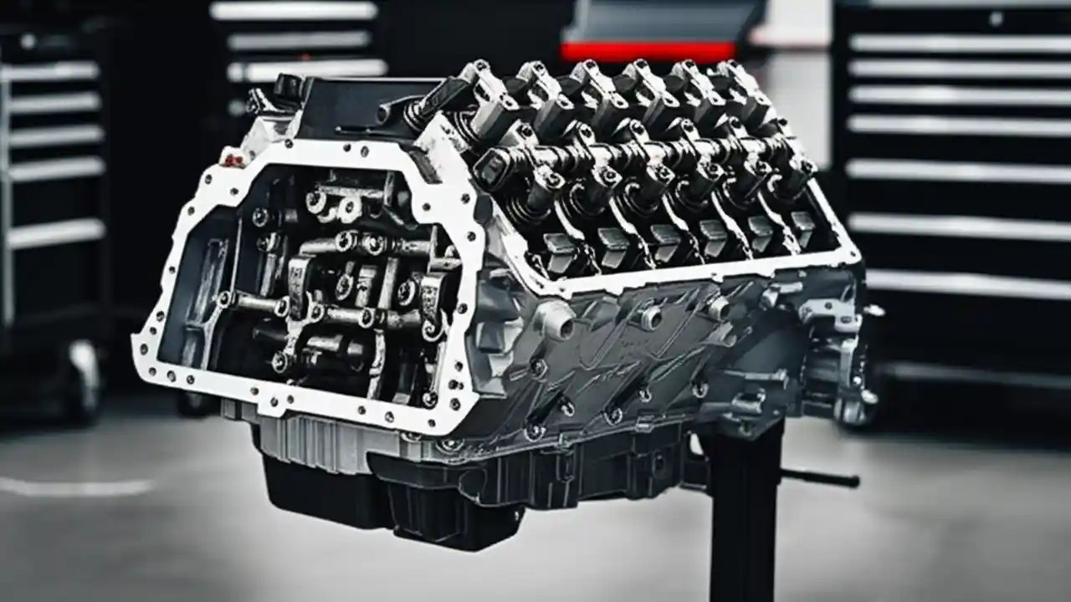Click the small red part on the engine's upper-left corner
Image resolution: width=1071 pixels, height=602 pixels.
click(233, 160)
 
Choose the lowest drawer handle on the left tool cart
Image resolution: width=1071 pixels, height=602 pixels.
click(54, 233)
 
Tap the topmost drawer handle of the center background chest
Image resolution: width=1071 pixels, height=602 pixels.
click(293, 11)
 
